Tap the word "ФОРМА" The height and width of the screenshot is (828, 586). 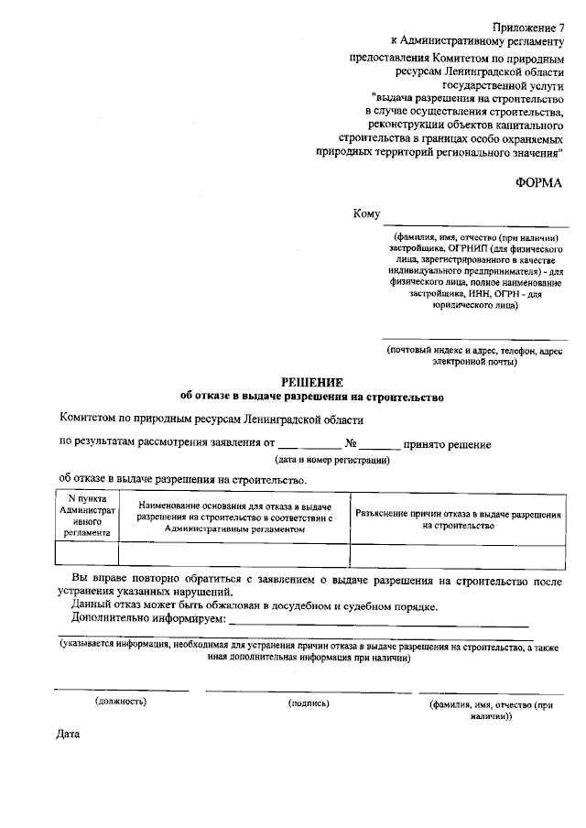(539, 182)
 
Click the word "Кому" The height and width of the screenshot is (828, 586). (366, 214)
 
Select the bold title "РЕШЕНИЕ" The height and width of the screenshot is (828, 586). (311, 382)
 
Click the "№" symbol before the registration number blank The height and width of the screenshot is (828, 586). (349, 445)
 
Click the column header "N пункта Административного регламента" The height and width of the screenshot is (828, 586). (86, 517)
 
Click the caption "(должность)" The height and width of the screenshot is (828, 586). (121, 702)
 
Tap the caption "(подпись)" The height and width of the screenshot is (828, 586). (309, 703)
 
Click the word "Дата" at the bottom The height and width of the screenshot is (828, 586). (69, 735)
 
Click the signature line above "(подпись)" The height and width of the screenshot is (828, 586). (309, 691)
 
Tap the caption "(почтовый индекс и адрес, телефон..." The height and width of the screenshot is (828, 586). (474, 356)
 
